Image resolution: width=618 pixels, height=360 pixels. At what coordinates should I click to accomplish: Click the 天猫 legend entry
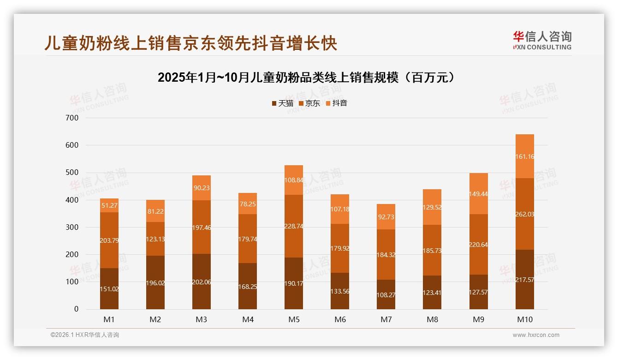282,103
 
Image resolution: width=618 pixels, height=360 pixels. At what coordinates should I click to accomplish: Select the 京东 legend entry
309,103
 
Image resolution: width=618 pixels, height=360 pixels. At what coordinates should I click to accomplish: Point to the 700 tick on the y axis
72,118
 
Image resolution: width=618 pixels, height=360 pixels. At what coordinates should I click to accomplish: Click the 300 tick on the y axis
72,228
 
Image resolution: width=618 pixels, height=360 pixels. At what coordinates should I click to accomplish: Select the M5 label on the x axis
294,319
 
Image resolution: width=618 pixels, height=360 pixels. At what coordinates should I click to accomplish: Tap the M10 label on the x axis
524,319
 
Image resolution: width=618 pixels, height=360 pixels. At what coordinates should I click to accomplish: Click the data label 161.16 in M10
524,156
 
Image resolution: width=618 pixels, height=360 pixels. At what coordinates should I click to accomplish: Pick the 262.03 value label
524,214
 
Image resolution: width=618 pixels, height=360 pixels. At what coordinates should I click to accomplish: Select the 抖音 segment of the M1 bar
109,205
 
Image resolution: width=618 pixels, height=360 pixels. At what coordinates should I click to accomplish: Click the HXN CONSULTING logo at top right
542,40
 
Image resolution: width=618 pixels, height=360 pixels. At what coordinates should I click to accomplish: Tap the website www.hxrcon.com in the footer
536,335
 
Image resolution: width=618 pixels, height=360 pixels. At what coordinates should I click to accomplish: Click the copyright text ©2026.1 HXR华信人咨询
85,335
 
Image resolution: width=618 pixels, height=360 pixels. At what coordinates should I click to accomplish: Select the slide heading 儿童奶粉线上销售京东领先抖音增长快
190,43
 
